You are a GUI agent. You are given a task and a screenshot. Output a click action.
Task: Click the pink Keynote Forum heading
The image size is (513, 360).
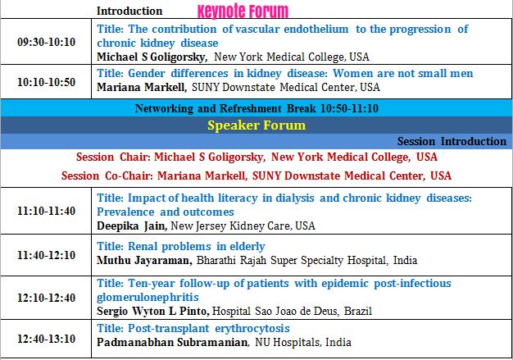(x=243, y=11)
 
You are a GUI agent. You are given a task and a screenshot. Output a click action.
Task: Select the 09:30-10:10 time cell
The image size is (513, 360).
(x=46, y=42)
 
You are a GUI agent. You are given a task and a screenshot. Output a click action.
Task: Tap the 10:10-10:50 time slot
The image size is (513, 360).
(x=46, y=82)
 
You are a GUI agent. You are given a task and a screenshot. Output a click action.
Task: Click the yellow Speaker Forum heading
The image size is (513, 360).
(x=256, y=125)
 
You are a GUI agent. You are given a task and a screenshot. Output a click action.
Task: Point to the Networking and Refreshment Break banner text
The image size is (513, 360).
(x=256, y=108)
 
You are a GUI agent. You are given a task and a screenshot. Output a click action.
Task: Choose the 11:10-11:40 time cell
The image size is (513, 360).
(x=46, y=211)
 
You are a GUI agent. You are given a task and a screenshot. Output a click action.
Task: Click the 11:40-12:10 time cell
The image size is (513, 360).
(x=46, y=255)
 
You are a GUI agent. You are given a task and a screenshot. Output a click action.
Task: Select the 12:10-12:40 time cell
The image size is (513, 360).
(x=46, y=298)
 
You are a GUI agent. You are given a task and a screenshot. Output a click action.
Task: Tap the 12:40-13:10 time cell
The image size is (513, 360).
(x=46, y=339)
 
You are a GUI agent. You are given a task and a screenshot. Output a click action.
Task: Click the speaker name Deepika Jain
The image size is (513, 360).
(x=132, y=226)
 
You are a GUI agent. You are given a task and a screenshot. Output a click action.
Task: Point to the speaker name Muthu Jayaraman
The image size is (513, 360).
(x=144, y=260)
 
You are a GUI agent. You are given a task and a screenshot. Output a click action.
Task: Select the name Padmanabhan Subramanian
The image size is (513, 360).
(x=172, y=342)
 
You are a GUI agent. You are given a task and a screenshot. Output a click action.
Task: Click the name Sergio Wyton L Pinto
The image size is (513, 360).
(x=153, y=311)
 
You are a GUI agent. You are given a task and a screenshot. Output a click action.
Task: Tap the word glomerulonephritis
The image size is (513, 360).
(x=148, y=298)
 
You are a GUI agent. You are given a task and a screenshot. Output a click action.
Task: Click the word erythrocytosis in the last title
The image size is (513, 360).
(x=252, y=328)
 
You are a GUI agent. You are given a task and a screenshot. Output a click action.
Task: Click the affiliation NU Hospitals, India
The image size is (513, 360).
(x=303, y=342)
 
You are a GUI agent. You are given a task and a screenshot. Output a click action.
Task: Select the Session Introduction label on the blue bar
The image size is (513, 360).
(x=452, y=141)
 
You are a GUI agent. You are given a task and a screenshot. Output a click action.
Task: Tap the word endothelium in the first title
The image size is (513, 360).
(x=316, y=30)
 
